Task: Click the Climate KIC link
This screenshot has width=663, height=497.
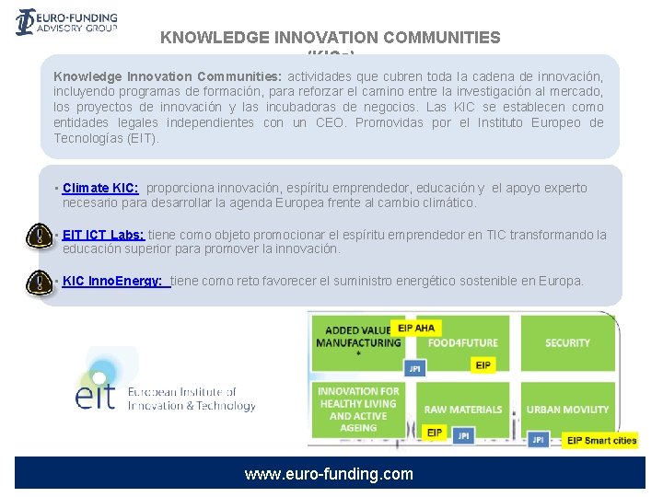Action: coord(100,188)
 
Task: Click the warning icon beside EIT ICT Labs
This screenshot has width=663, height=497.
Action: coord(40,236)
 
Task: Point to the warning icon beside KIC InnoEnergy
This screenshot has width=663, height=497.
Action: coord(40,281)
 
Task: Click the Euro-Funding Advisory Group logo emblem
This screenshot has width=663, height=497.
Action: coord(26,21)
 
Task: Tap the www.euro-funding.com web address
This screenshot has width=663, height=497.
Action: coord(329,475)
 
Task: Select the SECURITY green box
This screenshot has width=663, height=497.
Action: coord(567,342)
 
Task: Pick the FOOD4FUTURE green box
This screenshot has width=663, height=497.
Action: coord(462,342)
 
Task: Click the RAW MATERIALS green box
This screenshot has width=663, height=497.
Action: coord(463,410)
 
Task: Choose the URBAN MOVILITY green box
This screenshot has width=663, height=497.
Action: coord(567,410)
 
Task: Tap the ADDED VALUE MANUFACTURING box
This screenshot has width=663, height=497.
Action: coord(357,337)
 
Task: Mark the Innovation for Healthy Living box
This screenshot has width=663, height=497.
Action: coord(358,409)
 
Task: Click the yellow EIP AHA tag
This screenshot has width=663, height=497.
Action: coord(415,328)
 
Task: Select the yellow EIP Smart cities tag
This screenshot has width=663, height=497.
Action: coord(601,440)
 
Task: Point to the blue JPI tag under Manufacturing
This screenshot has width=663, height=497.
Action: coord(414,368)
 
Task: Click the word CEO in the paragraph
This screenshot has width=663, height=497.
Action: coord(331,122)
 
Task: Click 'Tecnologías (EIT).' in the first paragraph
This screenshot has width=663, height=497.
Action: coord(106,138)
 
